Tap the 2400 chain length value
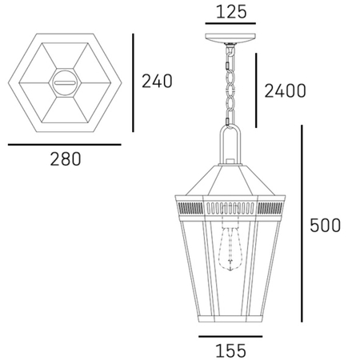[284, 90]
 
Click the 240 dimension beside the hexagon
[158, 80]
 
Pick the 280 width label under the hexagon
[64, 159]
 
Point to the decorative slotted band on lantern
[230, 206]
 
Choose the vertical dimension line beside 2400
[257, 90]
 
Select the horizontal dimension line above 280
[64, 144]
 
